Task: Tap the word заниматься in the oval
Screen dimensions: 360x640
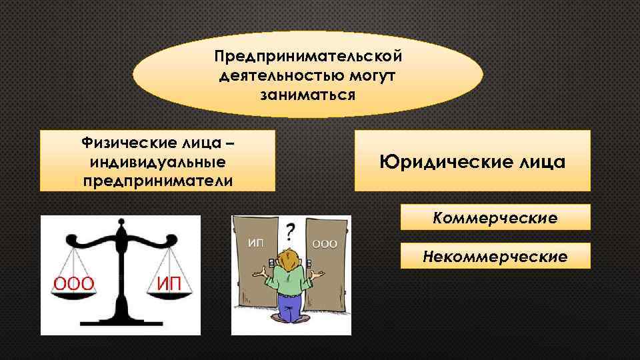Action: (x=308, y=94)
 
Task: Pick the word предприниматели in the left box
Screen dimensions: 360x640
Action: (x=158, y=181)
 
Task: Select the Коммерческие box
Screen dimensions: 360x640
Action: (x=495, y=217)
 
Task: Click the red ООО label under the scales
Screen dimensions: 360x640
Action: (x=73, y=284)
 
